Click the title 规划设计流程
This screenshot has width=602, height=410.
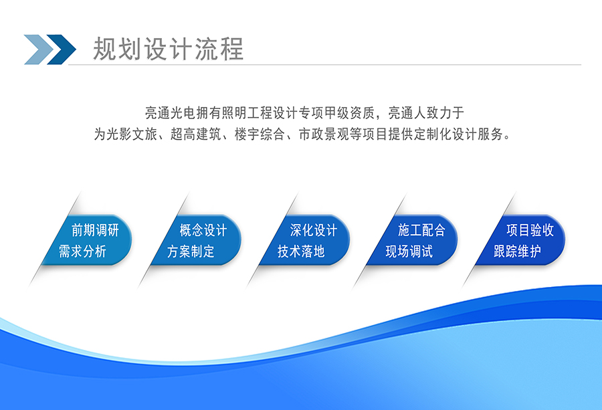click(168, 49)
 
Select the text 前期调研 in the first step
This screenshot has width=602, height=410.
click(95, 230)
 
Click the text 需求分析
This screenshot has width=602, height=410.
click(82, 251)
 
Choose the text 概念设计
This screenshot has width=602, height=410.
click(203, 230)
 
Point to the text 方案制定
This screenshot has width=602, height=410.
click(191, 251)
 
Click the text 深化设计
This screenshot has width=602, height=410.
click(314, 230)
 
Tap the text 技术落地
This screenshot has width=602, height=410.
click(301, 251)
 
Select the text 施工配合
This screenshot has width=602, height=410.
click(421, 230)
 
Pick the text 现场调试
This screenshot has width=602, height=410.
click(409, 251)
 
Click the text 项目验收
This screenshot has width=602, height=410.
click(530, 230)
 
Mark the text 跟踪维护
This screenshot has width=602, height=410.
click(518, 251)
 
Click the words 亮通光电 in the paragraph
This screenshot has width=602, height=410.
click(171, 113)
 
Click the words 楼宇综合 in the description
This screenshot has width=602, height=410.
click(260, 134)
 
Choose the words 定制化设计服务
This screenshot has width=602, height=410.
click(459, 134)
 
